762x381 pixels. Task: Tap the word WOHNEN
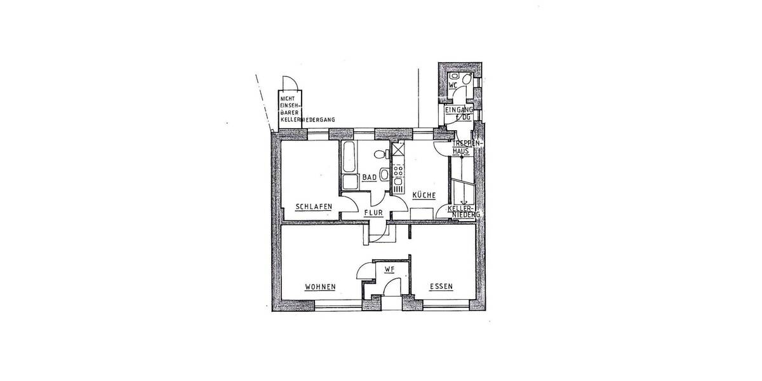pyautogui.click(x=320, y=286)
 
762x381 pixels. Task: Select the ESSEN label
pyautogui.click(x=441, y=286)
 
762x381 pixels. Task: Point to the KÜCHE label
pyautogui.click(x=424, y=196)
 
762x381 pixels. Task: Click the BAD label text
pyautogui.click(x=370, y=177)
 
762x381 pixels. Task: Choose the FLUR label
pyautogui.click(x=373, y=213)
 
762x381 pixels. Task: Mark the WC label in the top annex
pyautogui.click(x=453, y=84)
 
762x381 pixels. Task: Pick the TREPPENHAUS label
pyautogui.click(x=461, y=148)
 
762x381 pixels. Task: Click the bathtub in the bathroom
pyautogui.click(x=349, y=159)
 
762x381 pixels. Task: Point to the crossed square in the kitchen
pyautogui.click(x=399, y=150)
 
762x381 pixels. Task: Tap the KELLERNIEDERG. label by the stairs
pyautogui.click(x=464, y=212)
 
